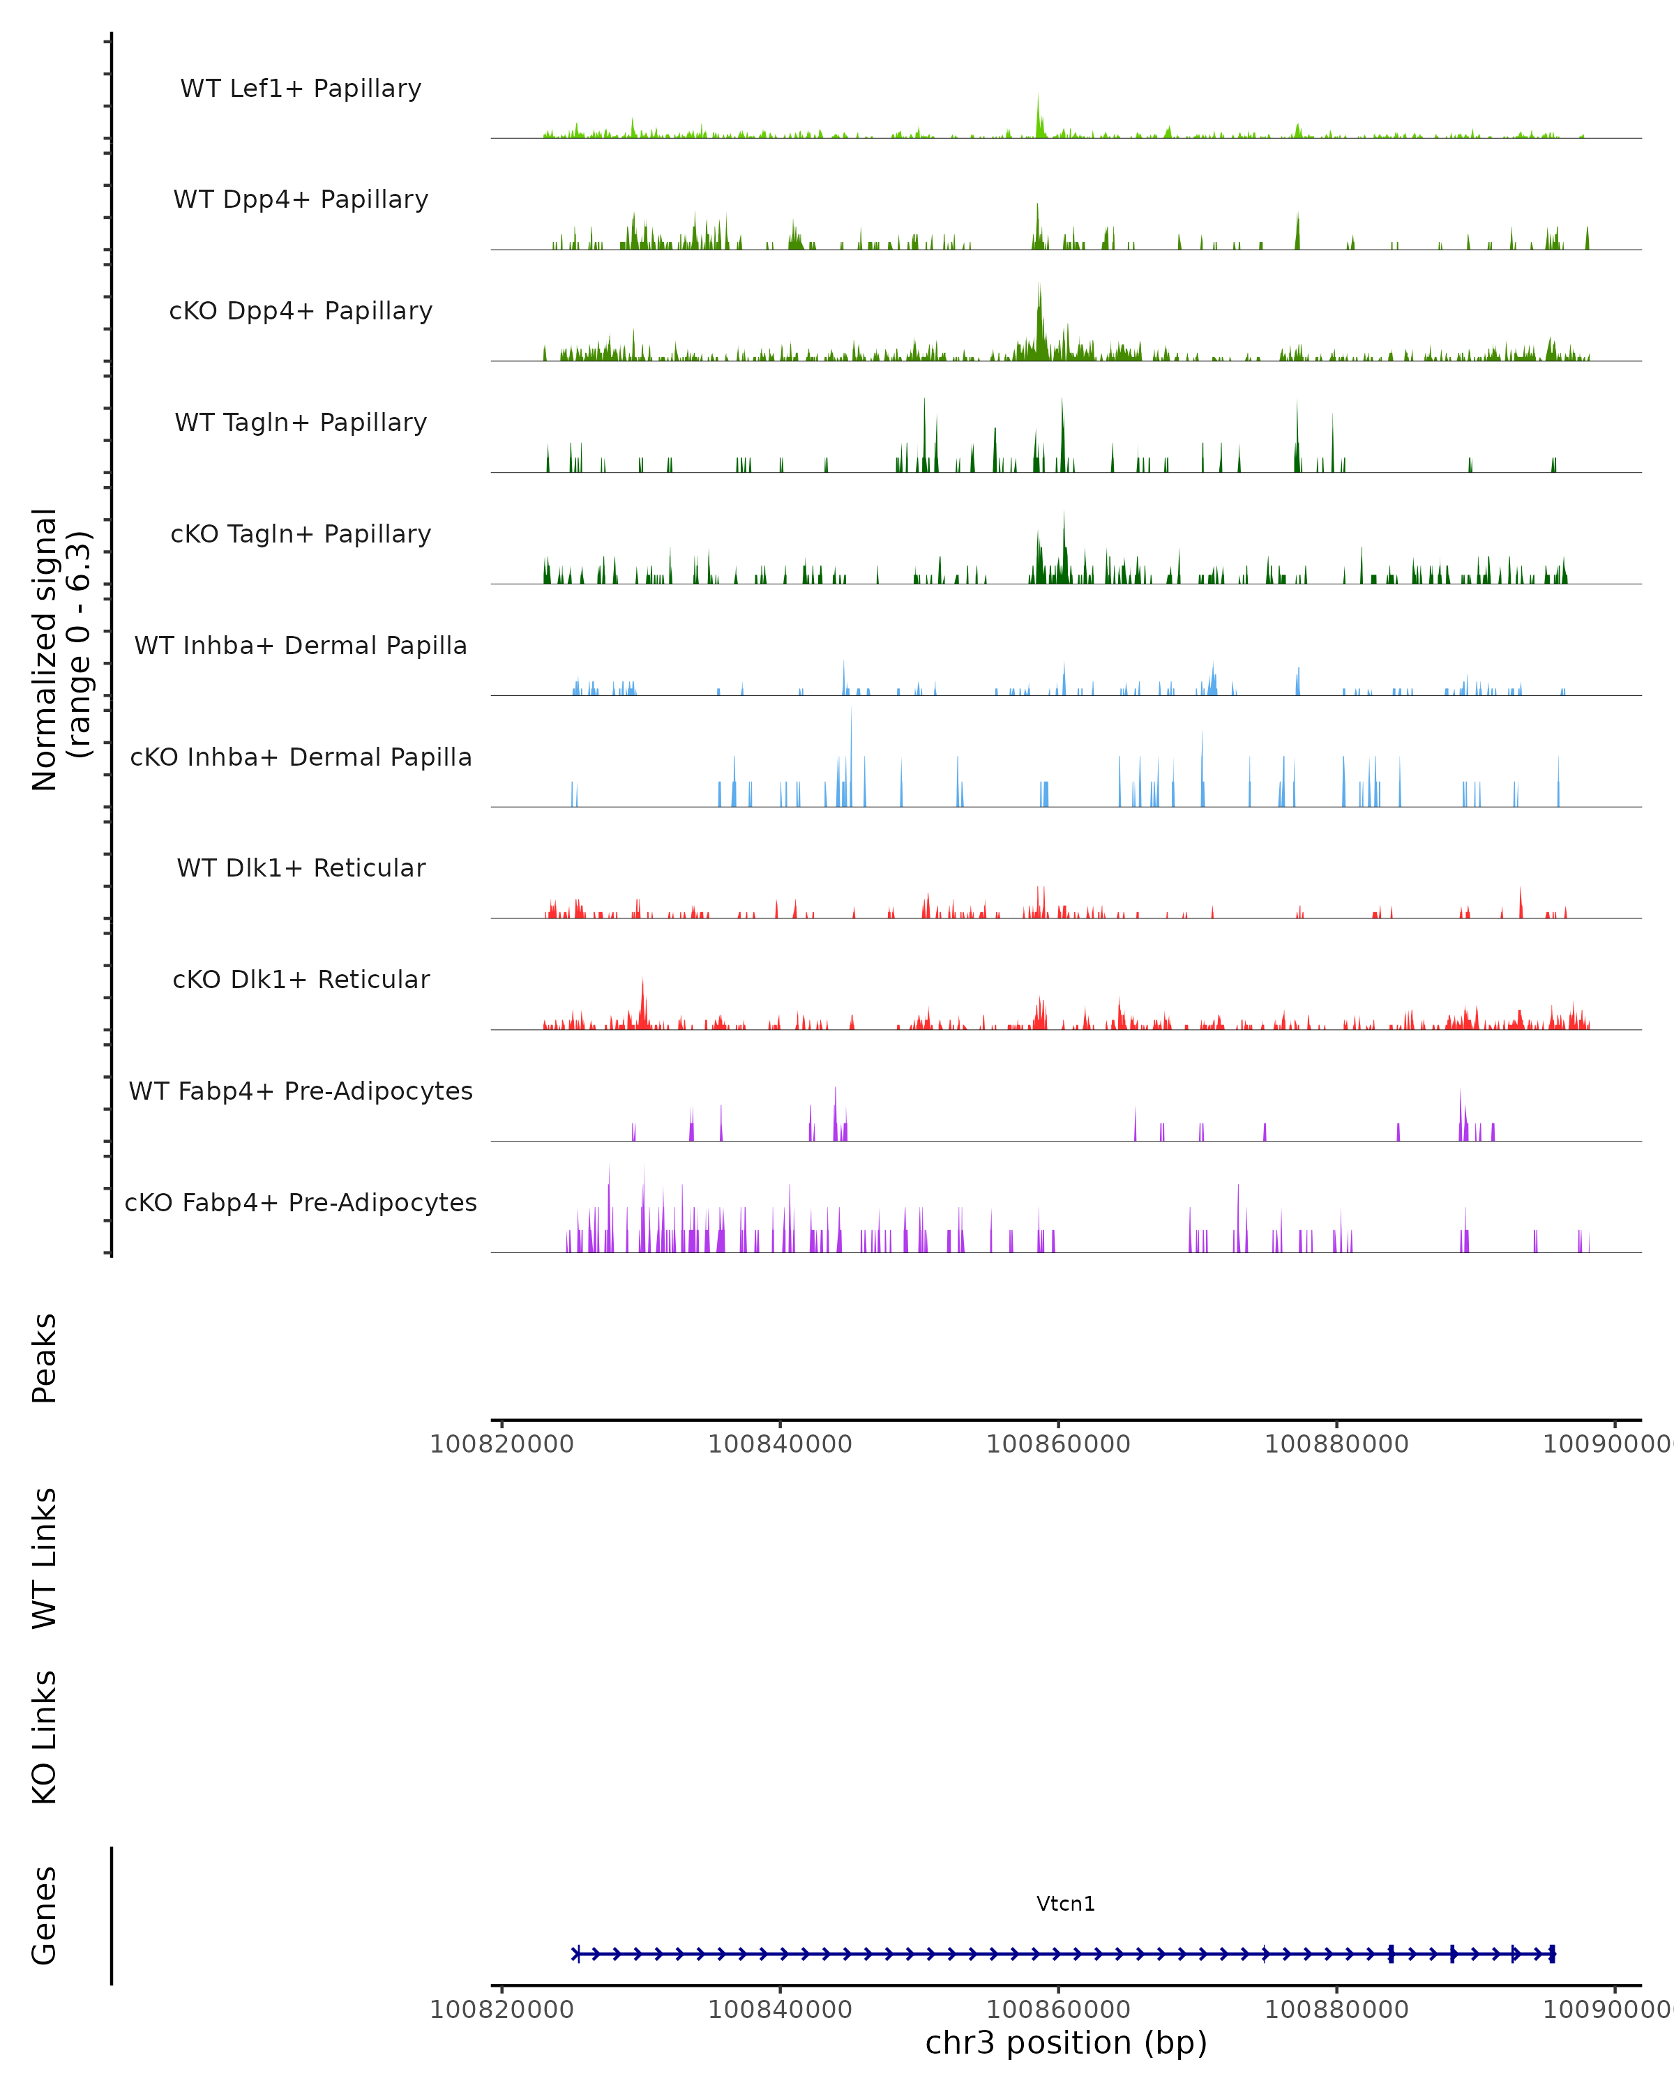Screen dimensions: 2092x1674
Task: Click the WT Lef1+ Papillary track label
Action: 301,89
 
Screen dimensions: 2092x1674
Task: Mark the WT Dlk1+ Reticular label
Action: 301,867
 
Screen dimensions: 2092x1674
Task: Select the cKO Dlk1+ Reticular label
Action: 301,979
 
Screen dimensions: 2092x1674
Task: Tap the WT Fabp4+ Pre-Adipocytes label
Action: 301,1091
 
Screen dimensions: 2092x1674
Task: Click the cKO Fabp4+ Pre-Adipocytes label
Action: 301,1202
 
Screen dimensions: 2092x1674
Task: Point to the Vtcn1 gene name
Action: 1066,1904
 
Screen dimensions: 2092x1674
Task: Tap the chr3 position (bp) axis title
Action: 1066,2043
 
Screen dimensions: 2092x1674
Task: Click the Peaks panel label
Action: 45,1358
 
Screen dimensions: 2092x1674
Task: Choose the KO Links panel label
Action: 45,1737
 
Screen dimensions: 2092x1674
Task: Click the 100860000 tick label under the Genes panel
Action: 1058,2010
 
